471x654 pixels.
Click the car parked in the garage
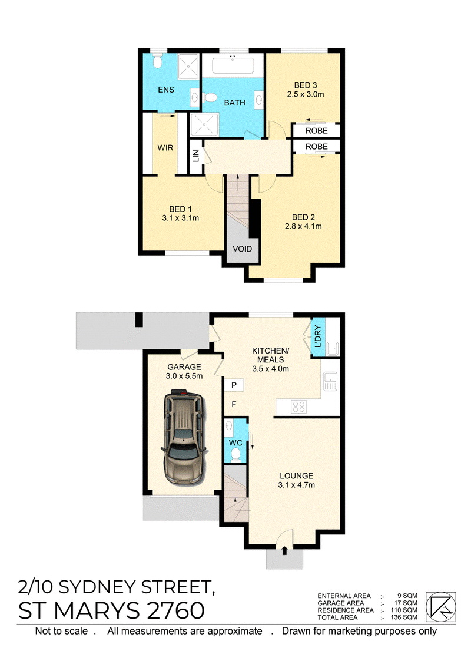coord(184,437)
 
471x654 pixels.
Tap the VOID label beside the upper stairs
coord(242,249)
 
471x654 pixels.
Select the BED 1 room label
coord(181,209)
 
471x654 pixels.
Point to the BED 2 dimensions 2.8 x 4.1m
coord(303,226)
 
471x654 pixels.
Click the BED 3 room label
coord(306,85)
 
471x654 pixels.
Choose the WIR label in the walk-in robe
coord(165,148)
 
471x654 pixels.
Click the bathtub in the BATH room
coord(233,65)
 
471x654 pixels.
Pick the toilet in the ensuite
coord(157,62)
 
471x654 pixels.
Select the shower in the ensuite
coord(188,67)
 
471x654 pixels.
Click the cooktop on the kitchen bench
coord(298,407)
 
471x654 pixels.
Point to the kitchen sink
coord(330,381)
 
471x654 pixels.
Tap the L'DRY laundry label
coord(318,337)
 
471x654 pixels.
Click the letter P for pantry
coord(234,385)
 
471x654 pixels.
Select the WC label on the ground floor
coord(235,442)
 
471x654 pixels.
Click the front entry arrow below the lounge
coord(285,550)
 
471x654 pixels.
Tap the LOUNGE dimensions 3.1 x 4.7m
coord(296,485)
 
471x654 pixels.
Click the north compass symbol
coord(440,607)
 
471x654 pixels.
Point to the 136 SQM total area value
coord(404,617)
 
